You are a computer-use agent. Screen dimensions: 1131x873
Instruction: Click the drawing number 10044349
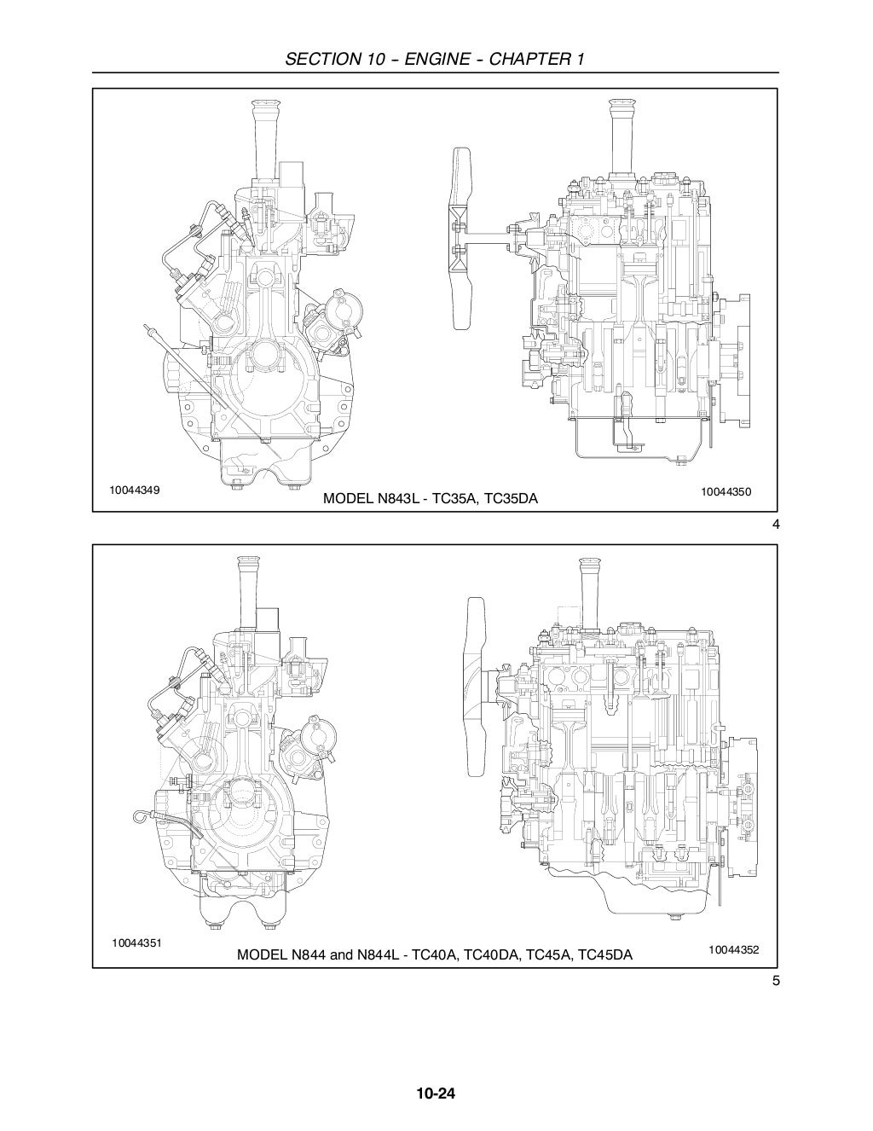click(x=135, y=491)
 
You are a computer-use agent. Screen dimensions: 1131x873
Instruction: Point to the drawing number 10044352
click(x=733, y=948)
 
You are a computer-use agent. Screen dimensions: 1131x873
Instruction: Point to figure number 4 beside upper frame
click(x=775, y=525)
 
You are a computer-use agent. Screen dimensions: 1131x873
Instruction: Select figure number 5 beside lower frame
click(x=775, y=980)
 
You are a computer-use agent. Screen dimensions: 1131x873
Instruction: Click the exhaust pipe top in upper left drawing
click(x=260, y=107)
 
